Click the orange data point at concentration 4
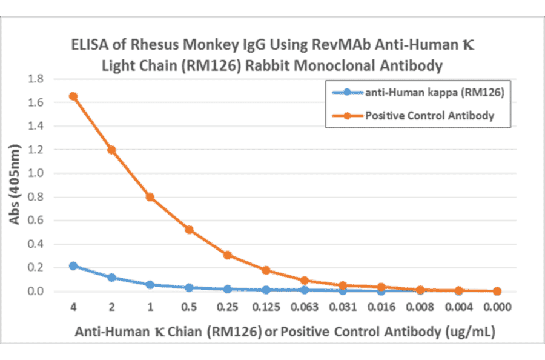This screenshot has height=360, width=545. pos(73,96)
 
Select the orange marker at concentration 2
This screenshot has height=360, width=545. pos(111,150)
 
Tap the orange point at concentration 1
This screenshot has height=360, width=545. pos(150,197)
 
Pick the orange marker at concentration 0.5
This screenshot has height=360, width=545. pos(189,230)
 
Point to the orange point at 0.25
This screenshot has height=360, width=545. pos(228,255)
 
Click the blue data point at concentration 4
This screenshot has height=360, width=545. pos(73,266)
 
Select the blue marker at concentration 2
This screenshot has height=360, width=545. pos(111,278)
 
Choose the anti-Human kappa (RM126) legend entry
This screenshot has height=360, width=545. pos(431,92)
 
